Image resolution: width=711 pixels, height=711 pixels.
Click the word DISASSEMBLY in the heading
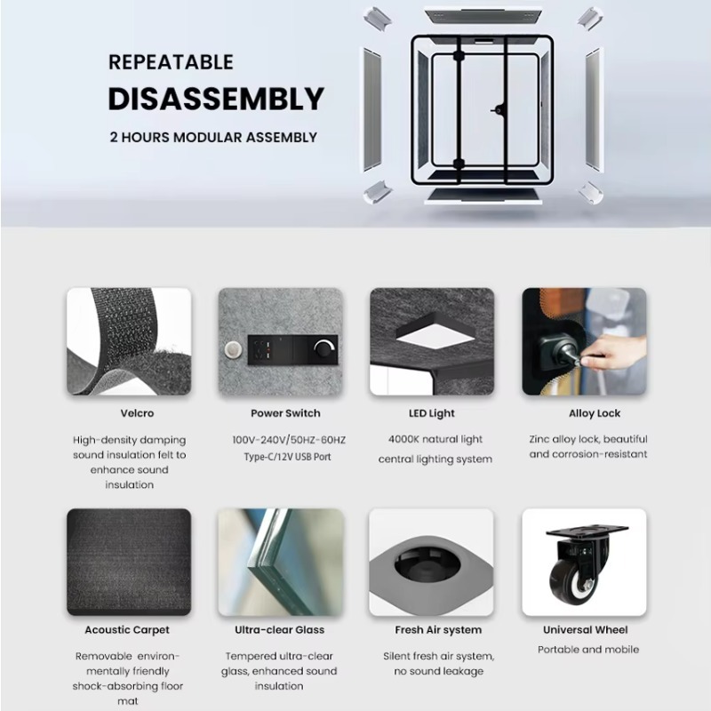216,99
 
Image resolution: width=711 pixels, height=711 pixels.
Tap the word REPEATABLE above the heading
171,62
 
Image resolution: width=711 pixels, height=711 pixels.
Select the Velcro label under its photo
137,413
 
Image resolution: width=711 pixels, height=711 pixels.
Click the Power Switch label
285,413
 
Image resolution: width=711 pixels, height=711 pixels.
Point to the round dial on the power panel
324,348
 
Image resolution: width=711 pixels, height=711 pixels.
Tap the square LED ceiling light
435,334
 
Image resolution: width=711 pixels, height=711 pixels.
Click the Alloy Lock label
595,413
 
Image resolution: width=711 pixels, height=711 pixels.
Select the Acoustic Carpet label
127,630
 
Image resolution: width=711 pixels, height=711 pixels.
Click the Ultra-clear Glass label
279,630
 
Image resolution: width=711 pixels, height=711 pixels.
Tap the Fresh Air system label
438,630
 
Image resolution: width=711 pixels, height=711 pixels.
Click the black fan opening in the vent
427,564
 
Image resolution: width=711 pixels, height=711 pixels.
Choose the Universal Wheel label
586,630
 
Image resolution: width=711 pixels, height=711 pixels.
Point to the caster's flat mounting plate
587,530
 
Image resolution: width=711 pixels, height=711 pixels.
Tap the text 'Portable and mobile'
588,650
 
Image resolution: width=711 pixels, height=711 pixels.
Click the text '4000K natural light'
435,439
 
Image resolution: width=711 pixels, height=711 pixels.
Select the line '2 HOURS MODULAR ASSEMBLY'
213,138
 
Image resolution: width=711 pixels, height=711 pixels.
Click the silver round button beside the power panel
233,349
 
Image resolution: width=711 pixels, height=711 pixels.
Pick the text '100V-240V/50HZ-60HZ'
289,440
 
